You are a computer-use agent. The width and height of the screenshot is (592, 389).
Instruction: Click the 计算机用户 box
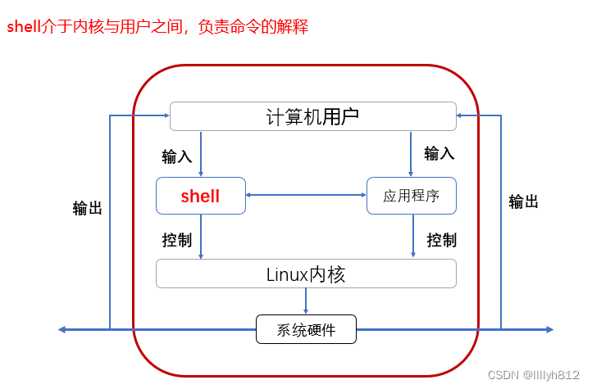coord(312,116)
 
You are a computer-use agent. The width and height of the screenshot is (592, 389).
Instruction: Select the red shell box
coord(201,196)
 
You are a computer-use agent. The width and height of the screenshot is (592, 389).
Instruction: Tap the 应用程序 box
coord(411,196)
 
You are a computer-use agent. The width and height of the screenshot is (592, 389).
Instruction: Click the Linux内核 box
coord(306,274)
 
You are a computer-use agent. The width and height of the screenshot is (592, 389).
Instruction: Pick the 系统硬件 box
coord(306,330)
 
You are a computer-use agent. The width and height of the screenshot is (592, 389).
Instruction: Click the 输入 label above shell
coord(177,156)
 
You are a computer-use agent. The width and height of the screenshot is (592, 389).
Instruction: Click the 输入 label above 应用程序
coord(439,153)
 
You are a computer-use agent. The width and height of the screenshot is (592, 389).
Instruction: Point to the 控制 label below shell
coord(177,240)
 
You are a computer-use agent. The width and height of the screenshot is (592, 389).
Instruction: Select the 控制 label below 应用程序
coord(442,240)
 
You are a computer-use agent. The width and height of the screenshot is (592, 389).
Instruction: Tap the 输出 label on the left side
coord(88,208)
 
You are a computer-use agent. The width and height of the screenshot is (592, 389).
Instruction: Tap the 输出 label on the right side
coord(524,201)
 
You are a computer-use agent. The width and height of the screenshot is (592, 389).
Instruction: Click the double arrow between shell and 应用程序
coord(306,195)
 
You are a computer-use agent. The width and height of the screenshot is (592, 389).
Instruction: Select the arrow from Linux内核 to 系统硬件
coord(306,301)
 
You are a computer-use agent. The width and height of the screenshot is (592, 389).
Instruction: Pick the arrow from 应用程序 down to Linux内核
coord(411,237)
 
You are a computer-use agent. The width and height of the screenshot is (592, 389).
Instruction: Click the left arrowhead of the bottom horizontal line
coord(61,329)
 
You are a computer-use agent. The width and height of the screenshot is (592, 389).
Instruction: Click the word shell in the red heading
coord(23,26)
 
